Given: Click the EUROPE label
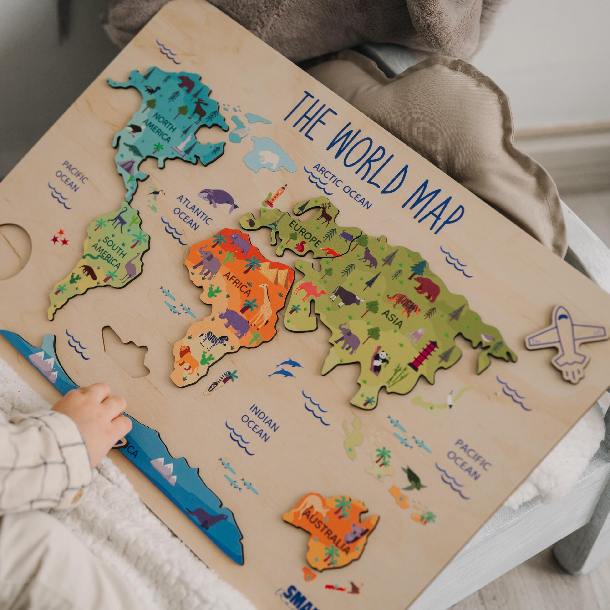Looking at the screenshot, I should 304,234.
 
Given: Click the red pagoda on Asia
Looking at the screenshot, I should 423,355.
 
